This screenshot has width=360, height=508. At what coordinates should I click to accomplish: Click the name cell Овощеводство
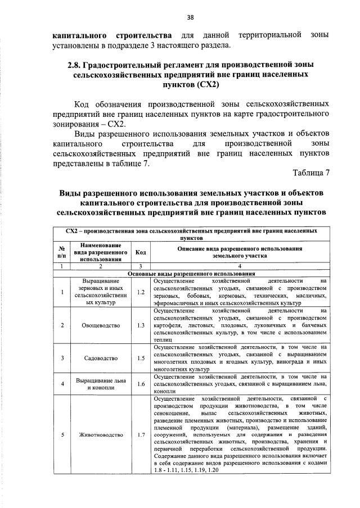click(x=100, y=325)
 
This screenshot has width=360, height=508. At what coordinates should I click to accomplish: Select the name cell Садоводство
click(x=100, y=357)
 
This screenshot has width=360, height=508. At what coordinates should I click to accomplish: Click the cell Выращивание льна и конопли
click(x=100, y=383)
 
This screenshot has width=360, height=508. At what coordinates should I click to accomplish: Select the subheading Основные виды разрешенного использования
click(x=191, y=273)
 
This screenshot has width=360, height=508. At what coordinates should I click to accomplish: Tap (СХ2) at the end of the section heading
click(x=201, y=85)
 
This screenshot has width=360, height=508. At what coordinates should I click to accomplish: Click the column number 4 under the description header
click(x=240, y=266)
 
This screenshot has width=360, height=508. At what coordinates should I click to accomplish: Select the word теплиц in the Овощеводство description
click(x=163, y=339)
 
